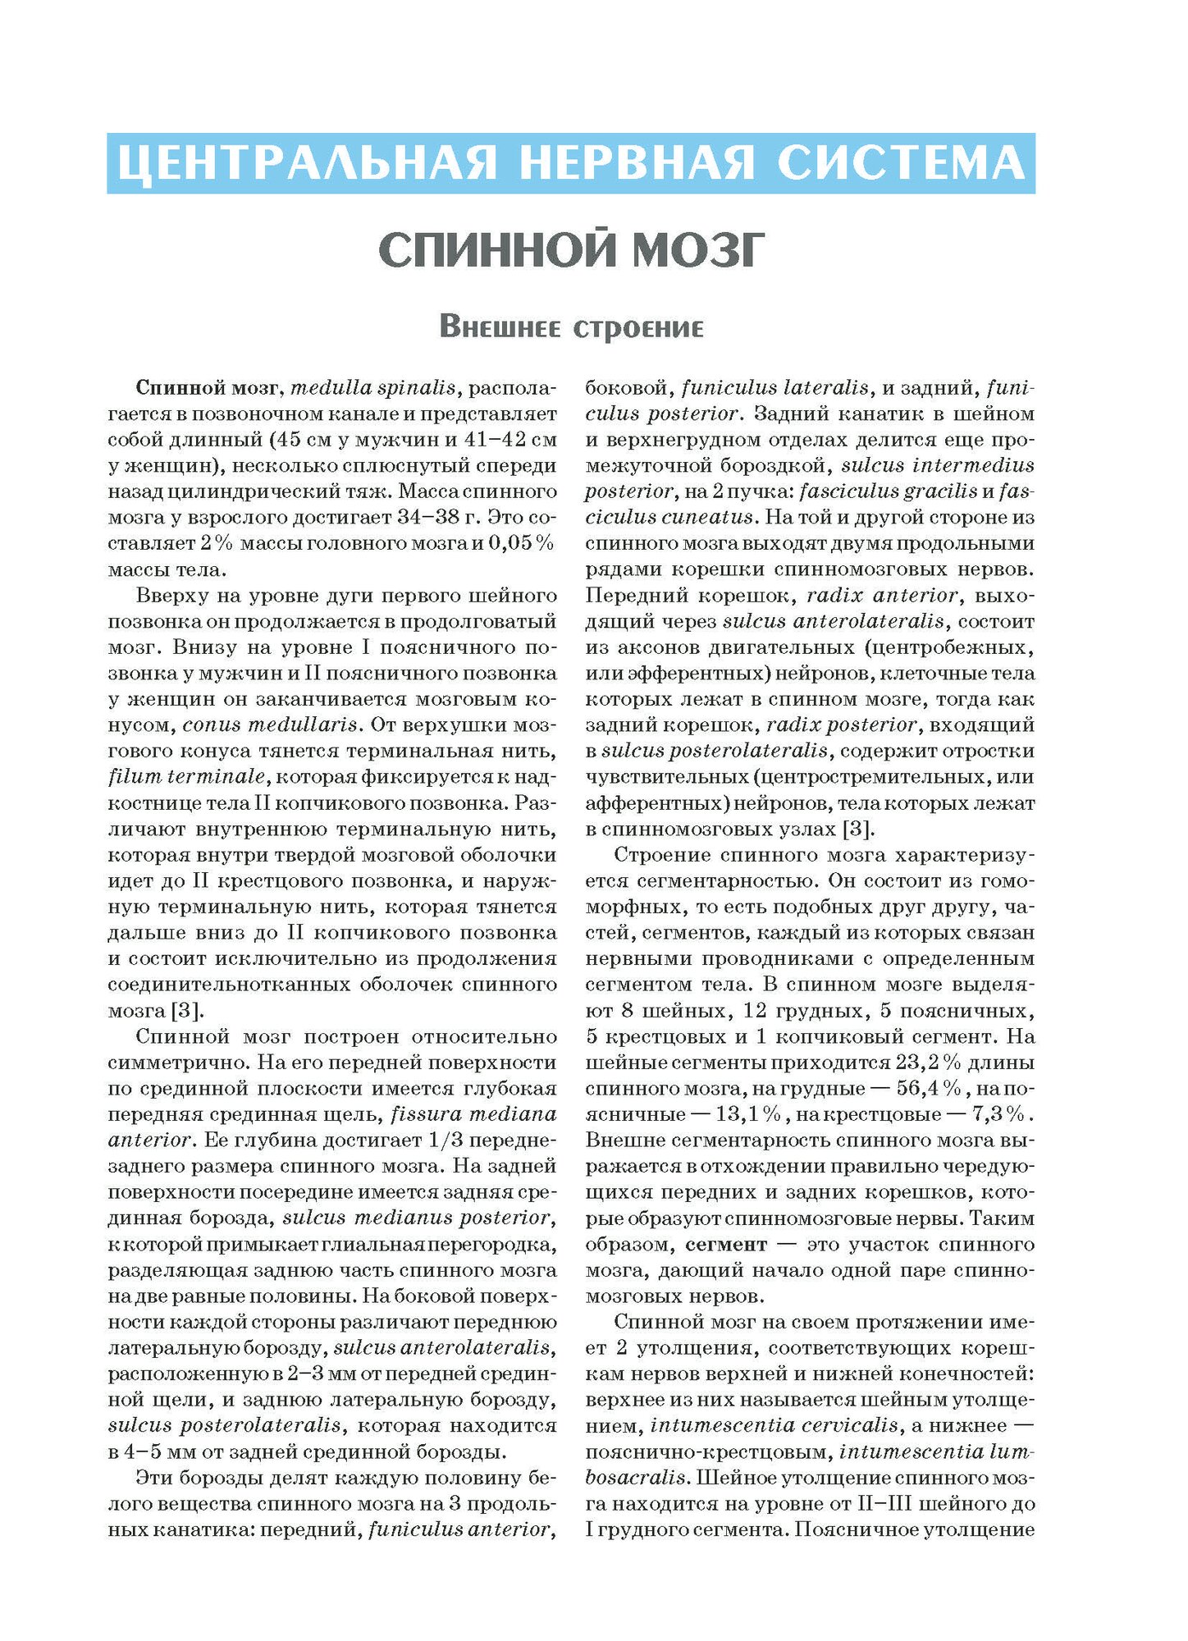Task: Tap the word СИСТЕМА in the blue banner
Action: tap(901, 163)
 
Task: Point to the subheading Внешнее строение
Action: tap(571, 327)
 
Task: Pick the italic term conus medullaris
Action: tap(271, 725)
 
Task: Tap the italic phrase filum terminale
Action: tap(187, 777)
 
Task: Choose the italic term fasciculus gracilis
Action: tap(888, 491)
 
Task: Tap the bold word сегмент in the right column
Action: tap(726, 1244)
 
